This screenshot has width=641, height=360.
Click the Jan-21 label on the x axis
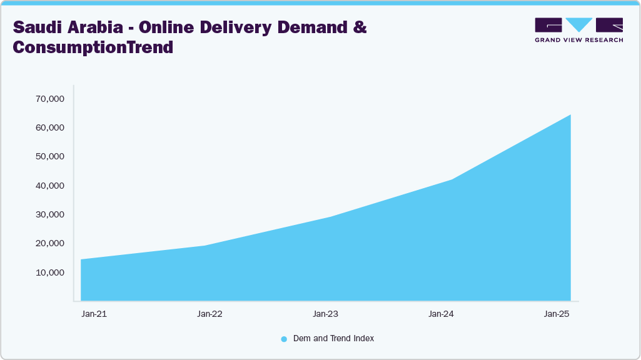coord(94,314)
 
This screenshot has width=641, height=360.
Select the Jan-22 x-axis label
coord(209,314)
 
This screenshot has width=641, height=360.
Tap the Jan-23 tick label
coord(325,314)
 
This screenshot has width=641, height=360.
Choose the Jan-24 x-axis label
coord(441,314)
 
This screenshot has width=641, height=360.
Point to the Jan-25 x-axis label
coord(557,314)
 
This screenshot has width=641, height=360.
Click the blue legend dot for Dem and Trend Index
coord(284,339)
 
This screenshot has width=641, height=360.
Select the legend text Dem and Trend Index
coord(333,338)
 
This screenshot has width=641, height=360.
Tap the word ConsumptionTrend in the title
coord(93,47)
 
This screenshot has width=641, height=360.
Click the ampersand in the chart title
coord(360,28)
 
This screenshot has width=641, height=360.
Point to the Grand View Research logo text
coord(578,40)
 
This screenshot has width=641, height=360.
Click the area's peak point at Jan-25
coord(570,115)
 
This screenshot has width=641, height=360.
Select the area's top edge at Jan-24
coord(451,179)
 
